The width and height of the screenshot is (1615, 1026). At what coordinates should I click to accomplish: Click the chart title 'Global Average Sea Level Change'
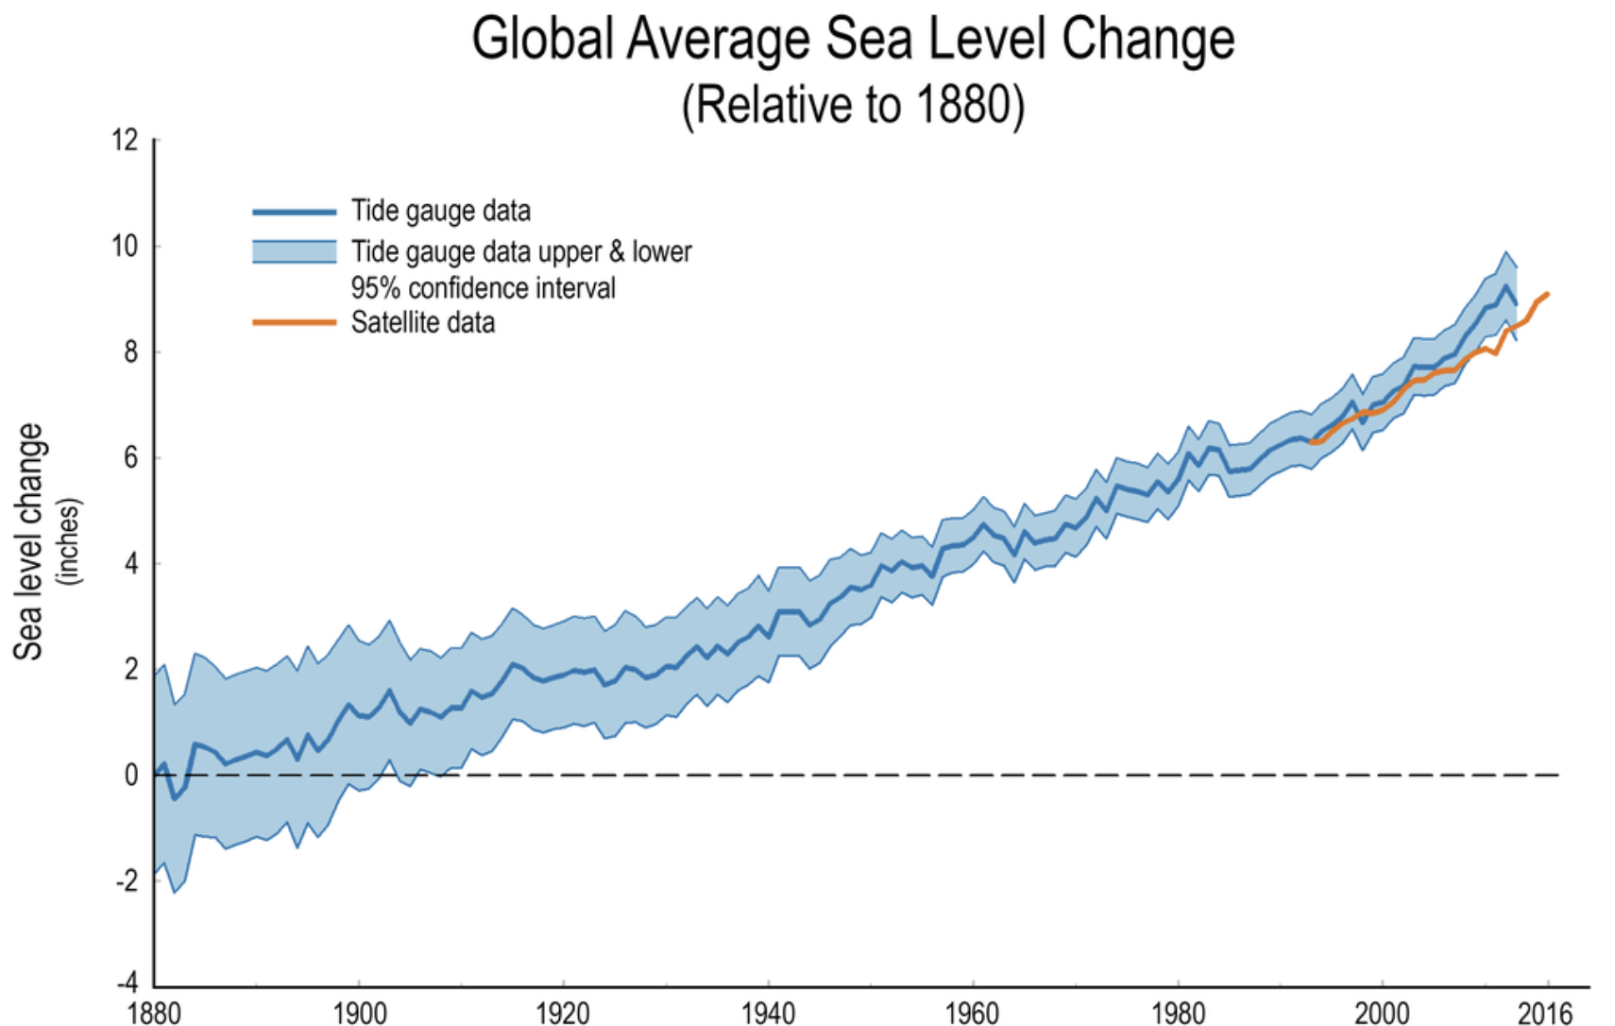pos(853,40)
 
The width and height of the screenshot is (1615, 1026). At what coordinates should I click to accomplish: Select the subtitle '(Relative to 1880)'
pos(853,104)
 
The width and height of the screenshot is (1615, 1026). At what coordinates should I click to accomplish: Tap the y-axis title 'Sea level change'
pos(28,541)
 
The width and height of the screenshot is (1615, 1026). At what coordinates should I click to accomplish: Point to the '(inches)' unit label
pos(69,541)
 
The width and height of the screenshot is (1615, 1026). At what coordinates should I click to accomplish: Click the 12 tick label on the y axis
pos(125,141)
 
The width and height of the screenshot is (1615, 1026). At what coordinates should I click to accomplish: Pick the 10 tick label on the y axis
pos(125,247)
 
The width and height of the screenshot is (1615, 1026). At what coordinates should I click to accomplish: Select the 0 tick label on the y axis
pos(131,776)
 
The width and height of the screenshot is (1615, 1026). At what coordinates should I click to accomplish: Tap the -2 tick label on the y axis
pos(127,881)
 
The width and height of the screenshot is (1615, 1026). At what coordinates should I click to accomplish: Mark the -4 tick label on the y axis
pos(127,983)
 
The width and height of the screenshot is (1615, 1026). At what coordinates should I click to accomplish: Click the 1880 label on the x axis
pos(154,1014)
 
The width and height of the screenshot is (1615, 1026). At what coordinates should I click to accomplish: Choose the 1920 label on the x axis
pos(563,1014)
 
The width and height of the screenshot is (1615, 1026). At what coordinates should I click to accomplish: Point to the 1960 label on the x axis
pos(972,1014)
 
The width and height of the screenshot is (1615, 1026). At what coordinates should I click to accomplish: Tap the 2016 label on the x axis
pos(1545,1014)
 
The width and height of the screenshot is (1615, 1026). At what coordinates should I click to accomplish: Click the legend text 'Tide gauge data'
pos(440,211)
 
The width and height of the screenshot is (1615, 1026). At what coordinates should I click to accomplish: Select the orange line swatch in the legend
pos(294,323)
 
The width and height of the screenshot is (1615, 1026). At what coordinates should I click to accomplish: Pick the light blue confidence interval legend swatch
pos(294,251)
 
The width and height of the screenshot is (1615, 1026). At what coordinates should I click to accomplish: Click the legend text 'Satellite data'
pos(422,323)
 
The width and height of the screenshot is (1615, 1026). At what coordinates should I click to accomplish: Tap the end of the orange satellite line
pos(1548,295)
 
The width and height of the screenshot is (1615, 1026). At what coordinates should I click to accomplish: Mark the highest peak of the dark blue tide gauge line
pos(1505,285)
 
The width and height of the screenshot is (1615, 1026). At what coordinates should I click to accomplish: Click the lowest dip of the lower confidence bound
pos(175,892)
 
